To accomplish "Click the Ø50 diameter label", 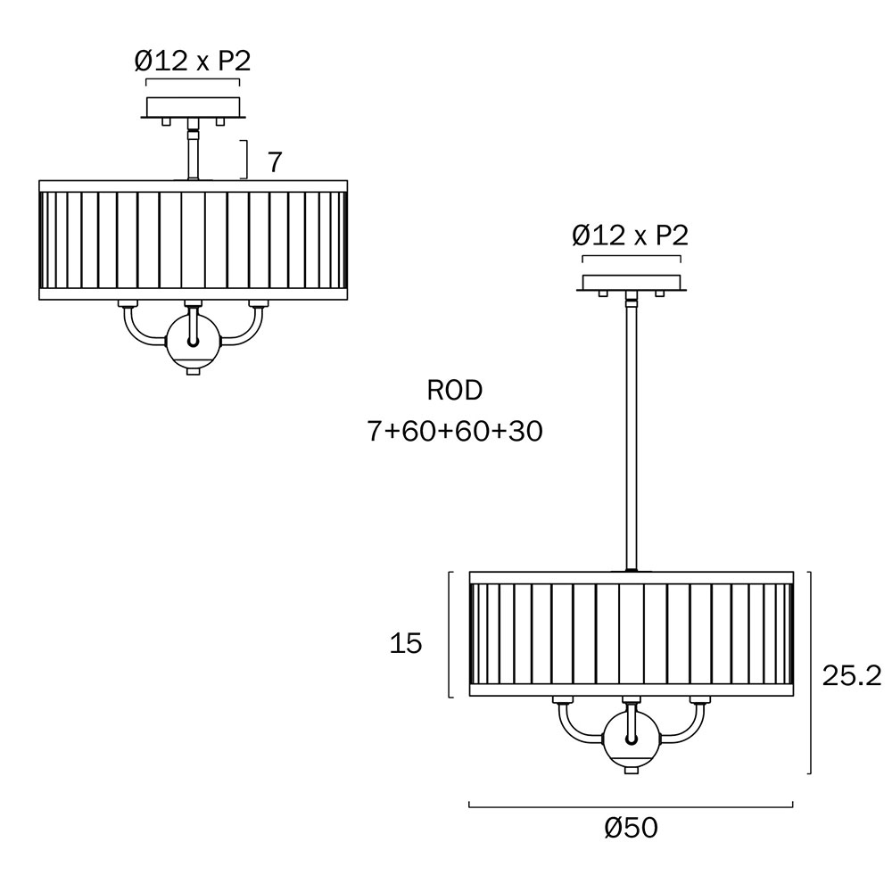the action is (x=631, y=828).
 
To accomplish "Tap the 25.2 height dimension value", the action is (x=852, y=676).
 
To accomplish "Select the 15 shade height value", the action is (x=406, y=643).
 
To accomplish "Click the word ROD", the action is (x=455, y=391).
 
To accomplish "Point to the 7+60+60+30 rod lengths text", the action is (x=455, y=431).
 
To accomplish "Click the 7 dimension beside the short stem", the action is (x=275, y=162).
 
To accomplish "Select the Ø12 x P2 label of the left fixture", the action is (x=193, y=61).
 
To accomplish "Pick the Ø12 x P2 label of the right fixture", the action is (x=631, y=235).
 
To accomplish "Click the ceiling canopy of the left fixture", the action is (x=194, y=108).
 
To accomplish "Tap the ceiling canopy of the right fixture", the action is (x=632, y=283).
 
